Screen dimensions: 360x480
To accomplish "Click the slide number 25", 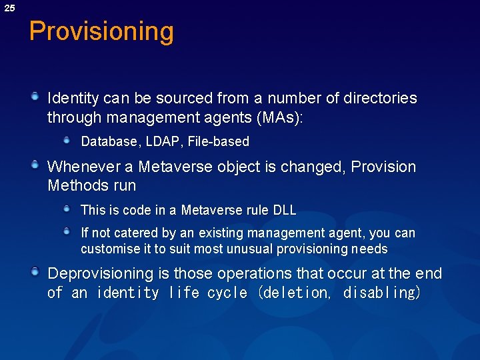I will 9,8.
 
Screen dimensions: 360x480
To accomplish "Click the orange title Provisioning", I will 101,31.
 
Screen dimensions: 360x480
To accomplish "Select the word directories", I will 380,99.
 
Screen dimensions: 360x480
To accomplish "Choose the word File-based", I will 219,141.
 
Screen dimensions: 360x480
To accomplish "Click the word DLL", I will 285,210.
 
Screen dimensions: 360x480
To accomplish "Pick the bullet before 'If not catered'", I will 67,232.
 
